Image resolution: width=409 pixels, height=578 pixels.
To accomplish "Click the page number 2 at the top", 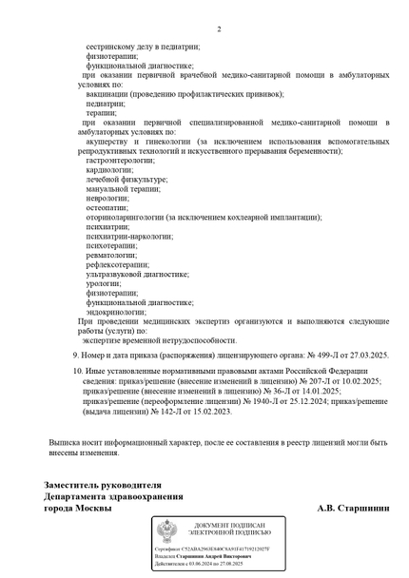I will pos(219,29).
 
